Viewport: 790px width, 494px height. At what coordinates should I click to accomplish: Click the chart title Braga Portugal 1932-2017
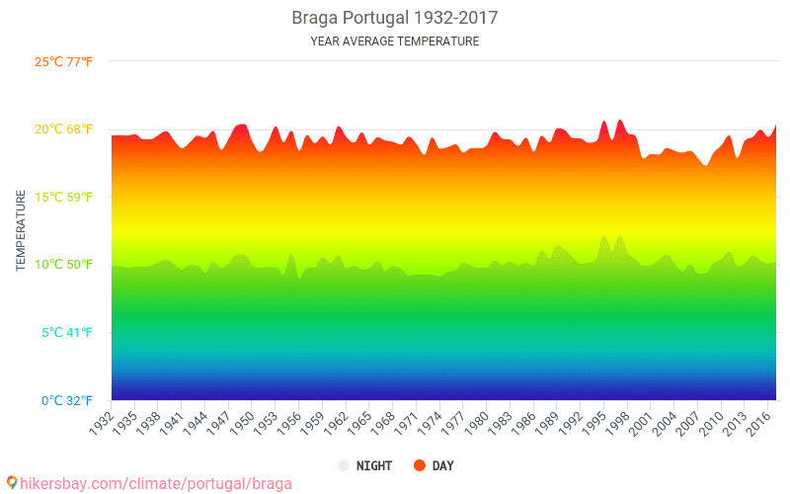[394, 18]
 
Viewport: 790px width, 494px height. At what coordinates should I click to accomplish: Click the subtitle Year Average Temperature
[394, 41]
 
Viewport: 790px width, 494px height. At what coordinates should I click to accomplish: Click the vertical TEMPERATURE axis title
[21, 230]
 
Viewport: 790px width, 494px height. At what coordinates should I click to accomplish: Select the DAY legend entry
[434, 465]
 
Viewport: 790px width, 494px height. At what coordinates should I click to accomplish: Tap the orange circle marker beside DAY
[419, 465]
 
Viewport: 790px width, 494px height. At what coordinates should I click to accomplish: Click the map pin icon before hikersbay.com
[12, 483]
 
